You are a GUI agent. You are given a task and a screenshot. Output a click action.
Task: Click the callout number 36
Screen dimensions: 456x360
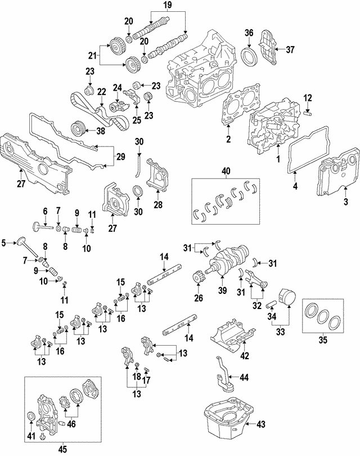249,33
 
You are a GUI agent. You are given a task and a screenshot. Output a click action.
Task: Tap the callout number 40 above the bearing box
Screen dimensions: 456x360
226,157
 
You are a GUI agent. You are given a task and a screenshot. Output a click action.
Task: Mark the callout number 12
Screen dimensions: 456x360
308,99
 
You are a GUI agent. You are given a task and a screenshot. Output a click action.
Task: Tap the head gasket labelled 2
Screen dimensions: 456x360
231,113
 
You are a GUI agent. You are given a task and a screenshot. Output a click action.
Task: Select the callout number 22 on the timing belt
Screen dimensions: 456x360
102,91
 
